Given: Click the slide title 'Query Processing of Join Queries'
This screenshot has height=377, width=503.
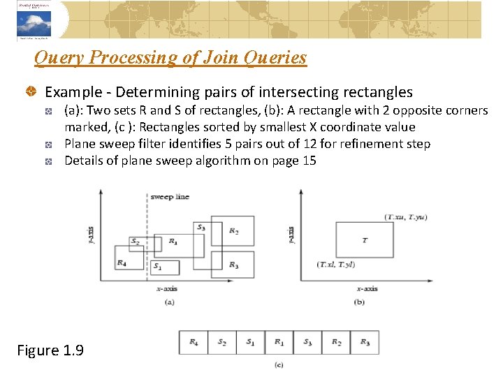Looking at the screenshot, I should tap(170, 57).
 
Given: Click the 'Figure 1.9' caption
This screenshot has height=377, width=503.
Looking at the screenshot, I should tap(50, 350).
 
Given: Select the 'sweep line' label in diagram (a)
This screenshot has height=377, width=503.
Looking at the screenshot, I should tap(170, 197).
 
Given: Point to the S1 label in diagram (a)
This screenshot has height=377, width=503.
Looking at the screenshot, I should tap(158, 266).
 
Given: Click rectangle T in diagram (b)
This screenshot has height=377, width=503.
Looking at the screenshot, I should tap(365, 240).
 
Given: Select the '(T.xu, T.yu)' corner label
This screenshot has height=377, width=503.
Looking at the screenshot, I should tap(406, 217).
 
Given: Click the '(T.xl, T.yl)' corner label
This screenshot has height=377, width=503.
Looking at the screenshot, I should tap(336, 265).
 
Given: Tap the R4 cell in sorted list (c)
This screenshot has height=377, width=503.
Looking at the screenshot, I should tap(194, 342).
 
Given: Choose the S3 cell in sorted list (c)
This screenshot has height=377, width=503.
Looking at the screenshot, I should tap(307, 342).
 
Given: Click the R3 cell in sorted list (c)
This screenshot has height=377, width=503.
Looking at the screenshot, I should tap(365, 342).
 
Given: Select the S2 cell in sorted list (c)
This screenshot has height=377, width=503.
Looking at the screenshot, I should tap(222, 342).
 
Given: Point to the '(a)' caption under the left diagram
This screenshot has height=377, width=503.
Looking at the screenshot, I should tap(169, 302).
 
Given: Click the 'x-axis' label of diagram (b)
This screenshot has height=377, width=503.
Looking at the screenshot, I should tap(367, 288).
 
